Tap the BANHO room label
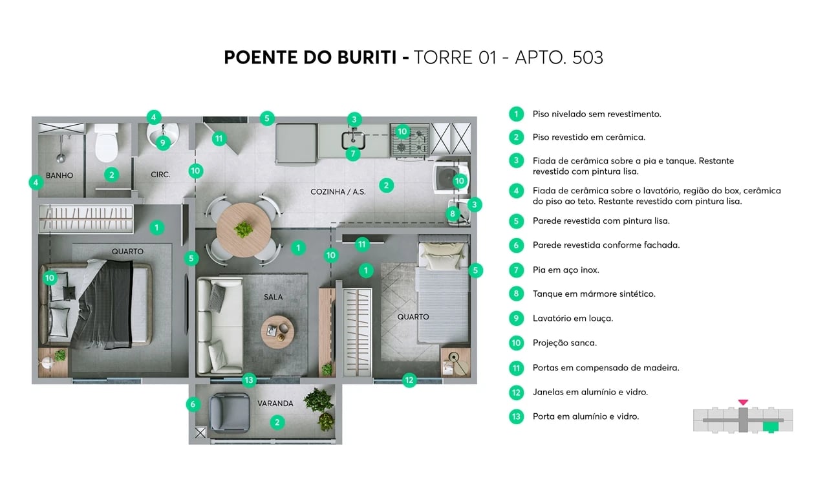[59, 175]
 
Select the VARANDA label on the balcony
[275, 404]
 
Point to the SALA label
[274, 297]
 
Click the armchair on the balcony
[230, 413]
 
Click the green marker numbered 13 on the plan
[249, 380]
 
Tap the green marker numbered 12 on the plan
[409, 380]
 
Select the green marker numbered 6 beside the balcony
[192, 405]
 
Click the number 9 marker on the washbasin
[162, 142]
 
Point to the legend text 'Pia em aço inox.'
[566, 270]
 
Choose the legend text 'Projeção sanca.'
[564, 343]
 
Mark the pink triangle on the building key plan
[743, 402]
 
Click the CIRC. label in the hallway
[160, 175]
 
